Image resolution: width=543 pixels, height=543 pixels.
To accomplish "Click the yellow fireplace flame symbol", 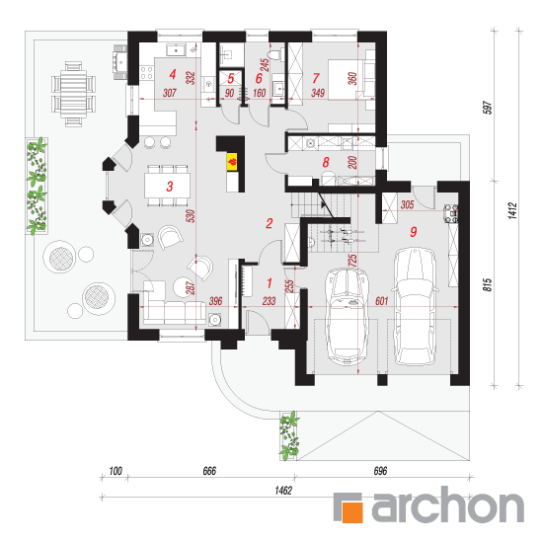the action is point(232,162).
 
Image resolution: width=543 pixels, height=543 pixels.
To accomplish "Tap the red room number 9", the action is point(413,232).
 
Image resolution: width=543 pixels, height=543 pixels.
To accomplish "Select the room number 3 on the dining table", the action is point(170,187).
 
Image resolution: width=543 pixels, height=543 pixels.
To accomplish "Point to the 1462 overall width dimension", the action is point(283,491).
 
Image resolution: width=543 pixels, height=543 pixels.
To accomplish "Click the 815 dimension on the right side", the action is point(488,284).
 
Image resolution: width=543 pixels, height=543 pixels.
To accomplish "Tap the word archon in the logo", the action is point(448,504).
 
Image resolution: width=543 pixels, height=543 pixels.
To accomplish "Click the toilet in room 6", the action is point(275,54).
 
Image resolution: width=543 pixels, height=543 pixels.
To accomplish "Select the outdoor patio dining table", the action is point(73,94).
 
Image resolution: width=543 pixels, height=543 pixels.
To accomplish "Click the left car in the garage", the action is point(347,316).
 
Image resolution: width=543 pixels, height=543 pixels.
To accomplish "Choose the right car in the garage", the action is point(415,306).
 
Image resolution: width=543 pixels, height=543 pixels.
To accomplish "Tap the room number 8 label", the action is point(326,162).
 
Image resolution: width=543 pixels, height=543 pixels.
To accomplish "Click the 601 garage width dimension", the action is point(382,301).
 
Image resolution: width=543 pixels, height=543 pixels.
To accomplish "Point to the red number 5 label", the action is point(231,79).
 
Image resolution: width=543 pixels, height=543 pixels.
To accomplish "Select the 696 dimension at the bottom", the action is point(380,471).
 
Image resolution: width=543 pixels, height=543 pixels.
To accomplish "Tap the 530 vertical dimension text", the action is point(191,216).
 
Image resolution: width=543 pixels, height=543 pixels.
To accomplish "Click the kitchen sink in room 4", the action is point(177,50).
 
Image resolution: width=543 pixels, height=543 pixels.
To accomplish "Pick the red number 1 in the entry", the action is point(270,283).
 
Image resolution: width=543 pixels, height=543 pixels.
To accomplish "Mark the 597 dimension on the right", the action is point(488,108).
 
